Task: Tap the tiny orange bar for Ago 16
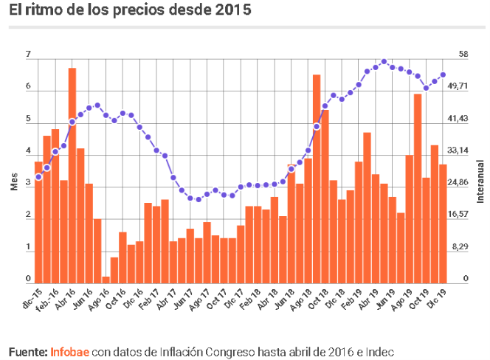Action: tap(106, 279)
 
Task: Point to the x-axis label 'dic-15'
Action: tap(31, 297)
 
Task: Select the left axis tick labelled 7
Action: tap(28, 55)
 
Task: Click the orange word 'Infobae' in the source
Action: tap(69, 350)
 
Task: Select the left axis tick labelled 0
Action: tap(28, 279)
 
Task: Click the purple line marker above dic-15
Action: tap(38, 177)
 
